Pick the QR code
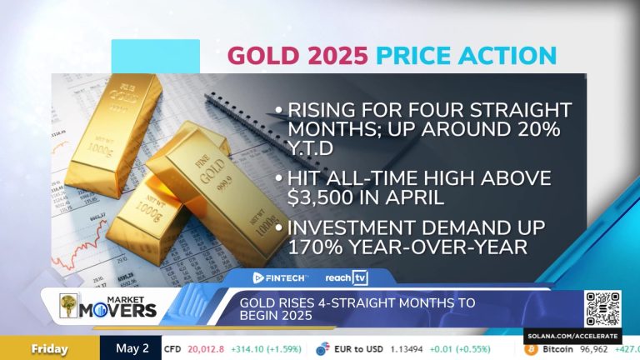tap(603, 308)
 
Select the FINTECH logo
tap(281, 277)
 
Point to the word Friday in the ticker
tap(49, 349)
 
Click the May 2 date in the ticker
tap(132, 349)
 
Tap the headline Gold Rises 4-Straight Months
tap(357, 309)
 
